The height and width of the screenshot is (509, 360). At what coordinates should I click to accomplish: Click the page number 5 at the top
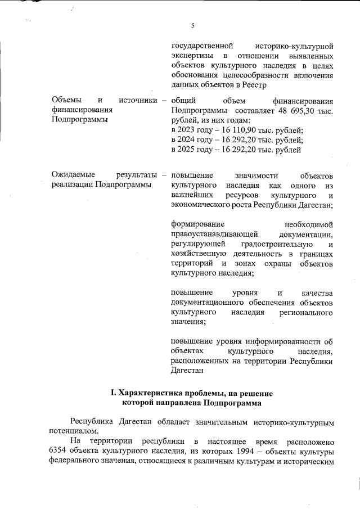click(192, 25)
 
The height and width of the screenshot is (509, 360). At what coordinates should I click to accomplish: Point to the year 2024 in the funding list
click(187, 141)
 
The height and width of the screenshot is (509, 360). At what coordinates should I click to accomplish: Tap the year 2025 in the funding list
click(187, 150)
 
